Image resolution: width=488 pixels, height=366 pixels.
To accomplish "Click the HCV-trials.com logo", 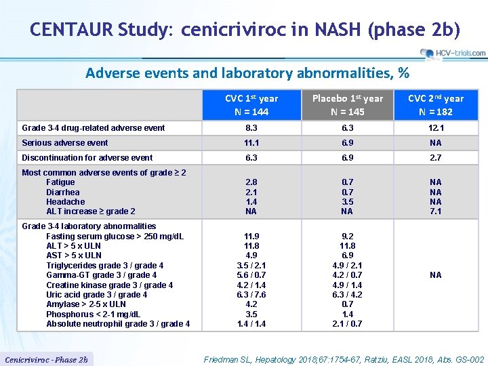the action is [x=453, y=54].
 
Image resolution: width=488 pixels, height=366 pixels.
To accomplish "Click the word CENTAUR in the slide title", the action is [x=72, y=29].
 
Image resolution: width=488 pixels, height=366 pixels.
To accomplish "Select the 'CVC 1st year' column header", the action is [x=251, y=105].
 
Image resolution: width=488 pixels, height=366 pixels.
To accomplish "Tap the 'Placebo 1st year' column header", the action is [x=347, y=105].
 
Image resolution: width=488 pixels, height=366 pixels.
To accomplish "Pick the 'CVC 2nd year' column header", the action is [x=436, y=105].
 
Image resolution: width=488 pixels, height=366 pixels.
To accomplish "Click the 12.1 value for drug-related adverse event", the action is [x=436, y=128].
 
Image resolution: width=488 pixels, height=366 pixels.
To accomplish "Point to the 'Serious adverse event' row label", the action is [x=65, y=143].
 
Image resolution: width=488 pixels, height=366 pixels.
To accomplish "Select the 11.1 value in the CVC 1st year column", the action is [x=251, y=143].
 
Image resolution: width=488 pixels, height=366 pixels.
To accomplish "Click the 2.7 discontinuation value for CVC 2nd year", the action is [x=436, y=157].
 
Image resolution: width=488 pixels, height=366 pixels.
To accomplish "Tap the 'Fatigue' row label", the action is [x=60, y=182].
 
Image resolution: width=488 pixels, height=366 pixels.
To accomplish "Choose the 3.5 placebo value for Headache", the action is [x=347, y=202].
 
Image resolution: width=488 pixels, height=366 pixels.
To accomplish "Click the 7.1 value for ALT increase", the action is [x=436, y=211].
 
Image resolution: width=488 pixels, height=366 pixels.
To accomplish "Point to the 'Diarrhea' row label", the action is [x=63, y=192].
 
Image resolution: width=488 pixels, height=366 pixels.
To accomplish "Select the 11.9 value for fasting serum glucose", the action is [x=251, y=237].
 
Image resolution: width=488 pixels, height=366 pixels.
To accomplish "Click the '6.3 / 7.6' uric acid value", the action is [x=251, y=295].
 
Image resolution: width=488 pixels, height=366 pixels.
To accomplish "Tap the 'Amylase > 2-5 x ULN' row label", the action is [x=86, y=304].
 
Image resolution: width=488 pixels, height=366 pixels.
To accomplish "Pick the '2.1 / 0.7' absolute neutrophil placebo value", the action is [x=347, y=324].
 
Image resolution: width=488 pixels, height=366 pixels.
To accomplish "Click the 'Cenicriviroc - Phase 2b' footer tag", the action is [x=46, y=360].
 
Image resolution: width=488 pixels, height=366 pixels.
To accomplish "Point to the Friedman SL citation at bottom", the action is [x=344, y=360].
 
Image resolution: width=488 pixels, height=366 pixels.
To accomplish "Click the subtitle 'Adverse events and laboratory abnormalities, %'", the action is [x=247, y=73].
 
